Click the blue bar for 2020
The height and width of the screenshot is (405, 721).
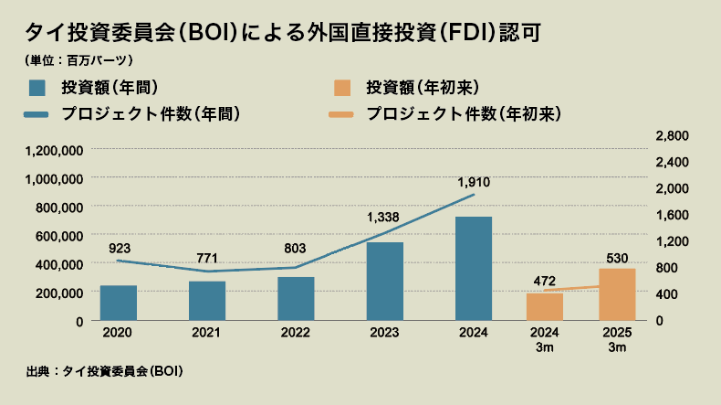click(x=119, y=303)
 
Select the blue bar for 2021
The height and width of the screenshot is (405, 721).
click(x=207, y=301)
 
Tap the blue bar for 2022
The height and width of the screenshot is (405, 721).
click(x=296, y=299)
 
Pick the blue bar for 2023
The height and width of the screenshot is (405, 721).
click(x=385, y=282)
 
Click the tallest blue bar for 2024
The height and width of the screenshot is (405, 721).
click(x=474, y=269)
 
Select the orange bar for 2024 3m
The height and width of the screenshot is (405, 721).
click(x=545, y=307)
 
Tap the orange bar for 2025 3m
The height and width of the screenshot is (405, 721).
click(x=617, y=294)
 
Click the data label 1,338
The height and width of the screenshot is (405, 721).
click(x=383, y=218)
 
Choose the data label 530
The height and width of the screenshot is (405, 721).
click(x=617, y=256)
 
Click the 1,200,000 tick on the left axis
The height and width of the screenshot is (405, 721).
click(x=56, y=150)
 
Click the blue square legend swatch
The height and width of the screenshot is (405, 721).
click(x=37, y=88)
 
